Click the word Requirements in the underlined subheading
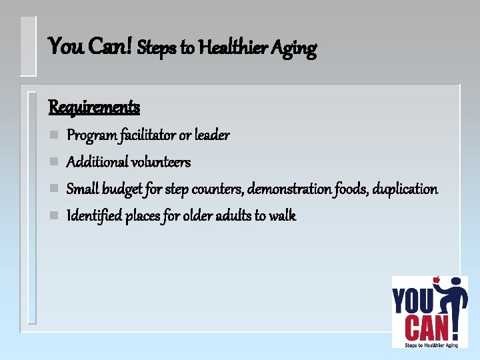(94, 107)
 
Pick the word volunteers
(161, 162)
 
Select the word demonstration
(289, 189)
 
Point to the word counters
(217, 189)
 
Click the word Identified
(94, 216)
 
